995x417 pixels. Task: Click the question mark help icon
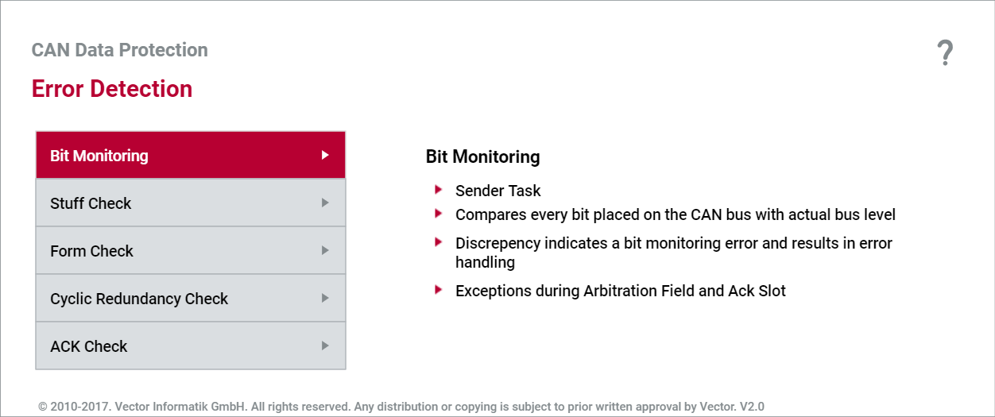click(945, 53)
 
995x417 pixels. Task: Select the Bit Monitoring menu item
click(191, 155)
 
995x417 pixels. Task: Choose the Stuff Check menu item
click(191, 203)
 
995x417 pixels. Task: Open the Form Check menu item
click(191, 250)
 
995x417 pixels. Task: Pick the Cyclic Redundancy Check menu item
click(191, 299)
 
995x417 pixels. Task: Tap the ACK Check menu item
click(191, 346)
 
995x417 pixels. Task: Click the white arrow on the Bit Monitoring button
click(325, 155)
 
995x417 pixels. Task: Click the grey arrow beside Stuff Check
click(325, 203)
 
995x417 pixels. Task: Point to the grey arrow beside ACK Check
click(325, 346)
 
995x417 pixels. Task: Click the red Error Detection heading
click(112, 89)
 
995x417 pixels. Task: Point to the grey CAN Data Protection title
click(119, 50)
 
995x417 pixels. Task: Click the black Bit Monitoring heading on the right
click(483, 156)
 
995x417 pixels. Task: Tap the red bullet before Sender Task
click(439, 190)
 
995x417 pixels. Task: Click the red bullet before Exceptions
click(439, 290)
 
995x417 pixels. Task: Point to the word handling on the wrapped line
click(485, 262)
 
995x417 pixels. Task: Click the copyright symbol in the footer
click(43, 407)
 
